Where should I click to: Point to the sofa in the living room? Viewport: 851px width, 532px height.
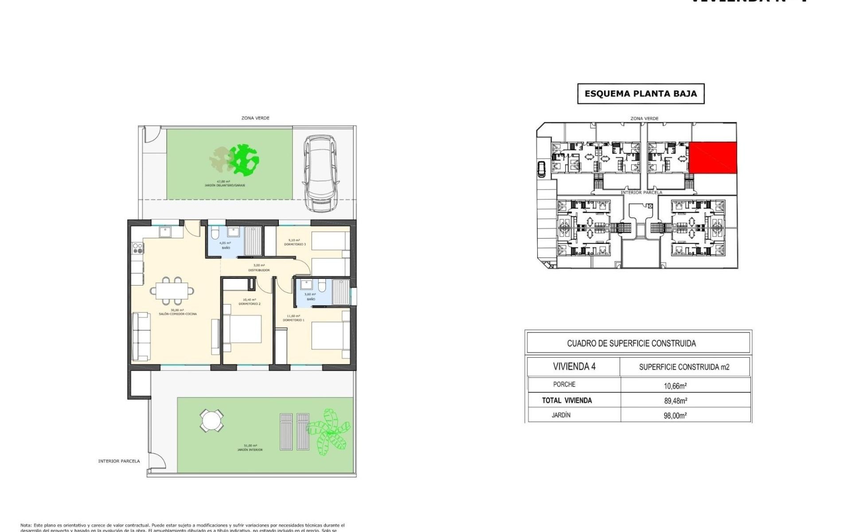click(141, 336)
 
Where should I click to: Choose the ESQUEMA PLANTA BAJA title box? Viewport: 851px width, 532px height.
click(640, 94)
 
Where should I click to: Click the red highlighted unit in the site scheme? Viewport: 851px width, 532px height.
click(713, 157)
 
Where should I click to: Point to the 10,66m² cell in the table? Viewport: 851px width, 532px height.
click(675, 386)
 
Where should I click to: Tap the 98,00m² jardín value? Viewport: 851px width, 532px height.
click(675, 416)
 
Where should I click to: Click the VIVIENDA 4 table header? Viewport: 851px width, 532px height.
click(574, 367)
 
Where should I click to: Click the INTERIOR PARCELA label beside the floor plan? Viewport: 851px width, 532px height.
click(119, 461)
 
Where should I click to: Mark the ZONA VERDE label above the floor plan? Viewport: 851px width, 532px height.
click(255, 118)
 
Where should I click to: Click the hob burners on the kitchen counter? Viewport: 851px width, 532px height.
click(137, 248)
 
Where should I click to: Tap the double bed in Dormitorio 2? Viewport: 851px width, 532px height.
click(242, 329)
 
